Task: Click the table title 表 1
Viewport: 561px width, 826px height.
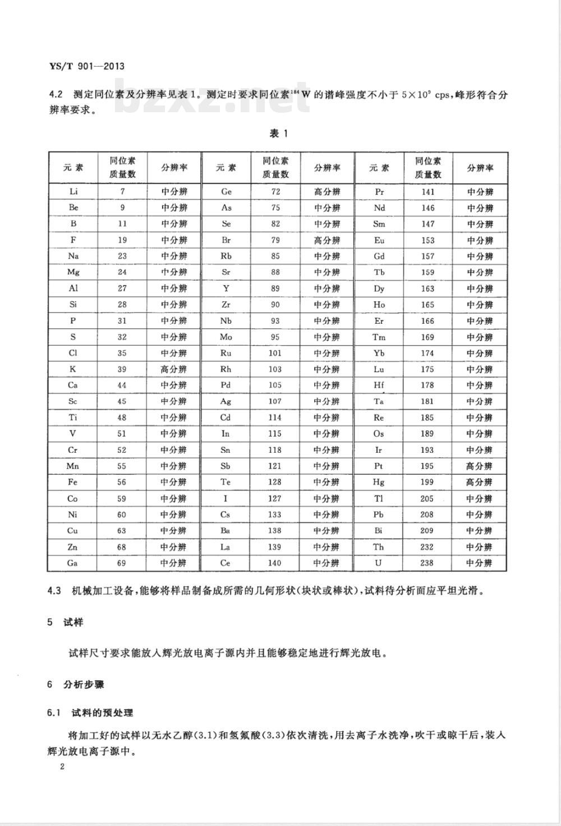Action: pos(278,134)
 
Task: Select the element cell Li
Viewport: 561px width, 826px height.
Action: pos(73,191)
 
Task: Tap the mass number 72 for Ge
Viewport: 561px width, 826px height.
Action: pos(275,191)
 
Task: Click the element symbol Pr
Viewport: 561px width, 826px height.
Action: pos(379,191)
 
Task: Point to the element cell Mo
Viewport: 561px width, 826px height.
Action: pos(226,337)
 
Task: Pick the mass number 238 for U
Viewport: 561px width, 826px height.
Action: pos(427,563)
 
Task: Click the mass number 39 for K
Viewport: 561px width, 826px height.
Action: pos(122,369)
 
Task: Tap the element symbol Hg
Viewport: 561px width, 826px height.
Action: pos(379,482)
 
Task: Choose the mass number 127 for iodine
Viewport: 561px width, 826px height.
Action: pos(275,498)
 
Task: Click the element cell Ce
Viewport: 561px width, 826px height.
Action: pos(226,563)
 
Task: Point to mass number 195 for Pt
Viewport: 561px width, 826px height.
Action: pos(427,466)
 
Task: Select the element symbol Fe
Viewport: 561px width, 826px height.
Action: pos(73,482)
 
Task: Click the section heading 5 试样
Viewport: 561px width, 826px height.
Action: pos(66,622)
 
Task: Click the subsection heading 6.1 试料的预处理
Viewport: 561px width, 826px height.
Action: pos(91,713)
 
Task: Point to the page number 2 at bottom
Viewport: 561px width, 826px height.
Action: pos(62,767)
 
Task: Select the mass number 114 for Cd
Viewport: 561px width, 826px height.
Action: pos(275,417)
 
